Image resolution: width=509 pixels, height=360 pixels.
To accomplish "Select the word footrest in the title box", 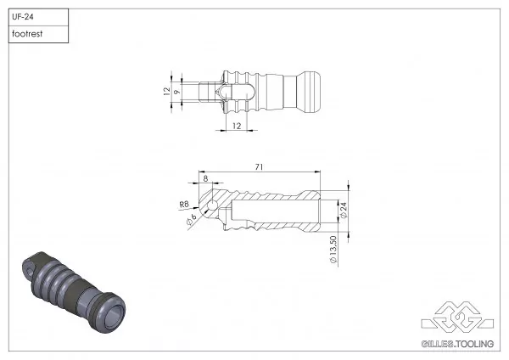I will pos(27,35).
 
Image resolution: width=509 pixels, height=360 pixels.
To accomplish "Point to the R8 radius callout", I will pos(183,205).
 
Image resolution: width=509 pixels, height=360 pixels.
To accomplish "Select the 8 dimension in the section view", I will pos(205,178).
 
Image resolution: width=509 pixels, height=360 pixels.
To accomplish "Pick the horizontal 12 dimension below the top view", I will pos(236,126).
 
